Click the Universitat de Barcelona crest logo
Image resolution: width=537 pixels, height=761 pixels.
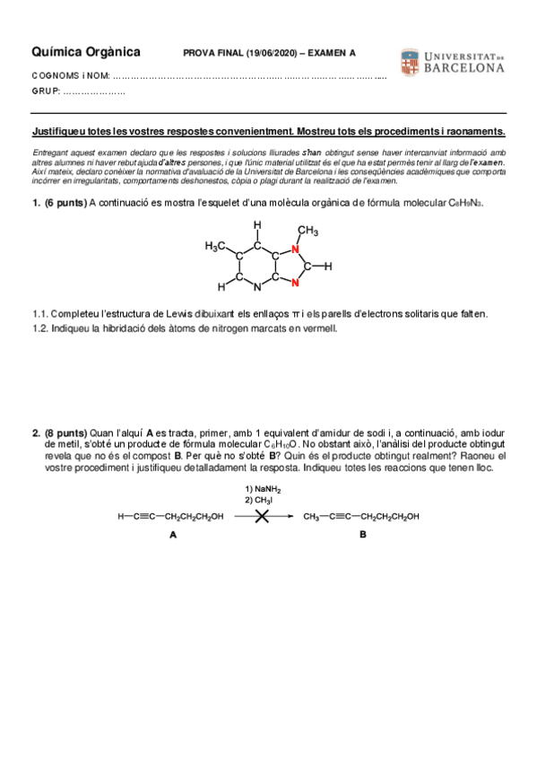pos(408,61)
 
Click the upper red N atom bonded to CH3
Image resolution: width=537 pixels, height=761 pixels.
pos(295,249)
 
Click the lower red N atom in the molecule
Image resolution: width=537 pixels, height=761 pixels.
pos(295,284)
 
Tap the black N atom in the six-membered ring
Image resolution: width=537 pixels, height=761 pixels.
pos(257,288)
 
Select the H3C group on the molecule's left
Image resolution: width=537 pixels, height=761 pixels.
pos(217,245)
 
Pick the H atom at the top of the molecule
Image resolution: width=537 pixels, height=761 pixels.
pos(257,224)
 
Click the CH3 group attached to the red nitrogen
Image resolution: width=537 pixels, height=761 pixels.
pos(307,231)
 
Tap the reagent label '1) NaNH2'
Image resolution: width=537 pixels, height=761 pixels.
pos(263,489)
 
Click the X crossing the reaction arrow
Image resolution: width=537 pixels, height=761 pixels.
pos(262,517)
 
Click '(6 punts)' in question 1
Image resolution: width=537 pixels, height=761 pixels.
pos(65,204)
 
